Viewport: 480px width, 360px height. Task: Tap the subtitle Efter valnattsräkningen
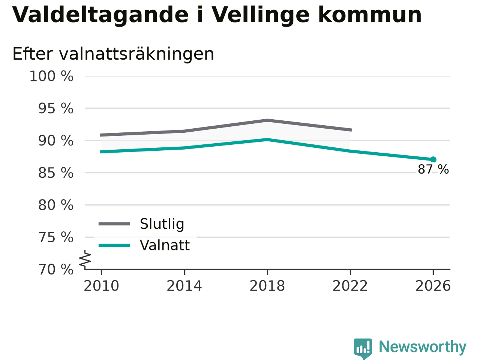coord(113,54)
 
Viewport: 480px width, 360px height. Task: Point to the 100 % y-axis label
coord(51,76)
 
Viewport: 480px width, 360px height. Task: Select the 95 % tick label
coord(56,108)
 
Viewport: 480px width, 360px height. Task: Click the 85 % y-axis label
coord(56,173)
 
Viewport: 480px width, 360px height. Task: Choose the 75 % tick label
coord(56,237)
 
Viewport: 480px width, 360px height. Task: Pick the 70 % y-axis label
coord(56,270)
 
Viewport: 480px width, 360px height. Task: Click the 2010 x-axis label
coord(101,286)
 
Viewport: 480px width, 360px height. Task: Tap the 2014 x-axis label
coord(184,286)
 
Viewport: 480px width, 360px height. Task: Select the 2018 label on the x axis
coord(267,286)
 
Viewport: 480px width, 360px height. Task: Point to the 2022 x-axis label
coord(350,286)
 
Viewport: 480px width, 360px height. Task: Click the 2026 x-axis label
coord(433,286)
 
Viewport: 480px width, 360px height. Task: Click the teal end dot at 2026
coord(433,160)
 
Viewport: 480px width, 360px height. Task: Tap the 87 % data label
coord(433,169)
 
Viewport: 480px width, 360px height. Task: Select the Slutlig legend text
coord(162,224)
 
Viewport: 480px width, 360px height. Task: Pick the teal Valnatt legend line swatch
coord(114,246)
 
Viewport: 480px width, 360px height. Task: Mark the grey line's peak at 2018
coord(267,120)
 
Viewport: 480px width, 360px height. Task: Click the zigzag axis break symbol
coord(85,259)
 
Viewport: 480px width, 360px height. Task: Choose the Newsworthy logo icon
coord(363,348)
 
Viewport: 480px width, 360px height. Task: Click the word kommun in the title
coord(370,15)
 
